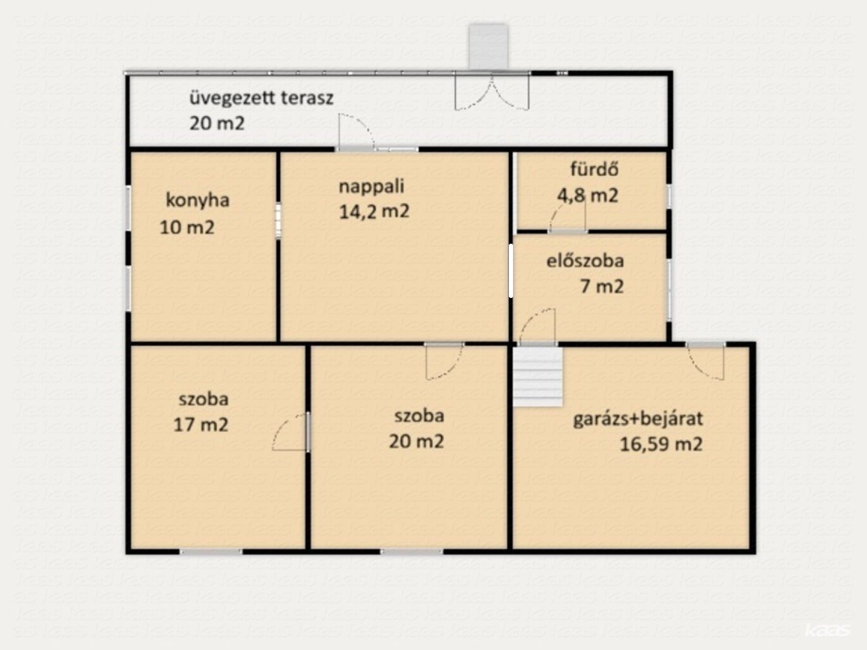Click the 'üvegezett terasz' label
(x=262, y=98)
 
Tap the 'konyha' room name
(x=197, y=200)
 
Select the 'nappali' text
(x=372, y=186)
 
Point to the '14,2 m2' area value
(x=374, y=212)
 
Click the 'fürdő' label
(x=594, y=169)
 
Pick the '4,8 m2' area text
(x=588, y=196)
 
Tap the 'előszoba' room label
(x=585, y=261)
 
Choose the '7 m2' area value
(x=602, y=287)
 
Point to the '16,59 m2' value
(x=661, y=444)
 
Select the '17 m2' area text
(x=201, y=425)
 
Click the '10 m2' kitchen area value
(x=187, y=227)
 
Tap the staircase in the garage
(x=537, y=377)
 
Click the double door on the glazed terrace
(x=492, y=92)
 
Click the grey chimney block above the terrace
(x=488, y=47)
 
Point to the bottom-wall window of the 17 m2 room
(x=211, y=552)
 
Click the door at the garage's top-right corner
(x=706, y=361)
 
